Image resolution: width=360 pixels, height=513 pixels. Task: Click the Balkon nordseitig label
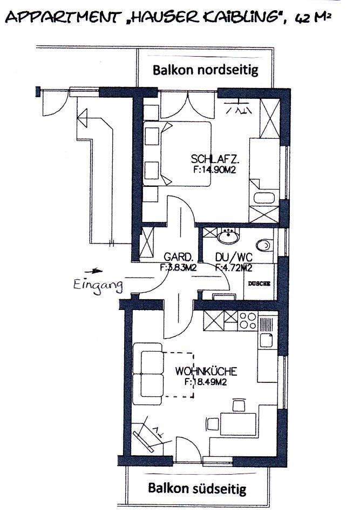click(205, 70)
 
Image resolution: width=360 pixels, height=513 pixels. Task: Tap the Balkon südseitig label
click(197, 489)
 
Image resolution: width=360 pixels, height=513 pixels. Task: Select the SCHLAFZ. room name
click(215, 159)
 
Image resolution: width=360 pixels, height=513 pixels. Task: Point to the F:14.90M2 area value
click(214, 170)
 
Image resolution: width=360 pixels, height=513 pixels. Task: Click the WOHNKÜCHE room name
click(206, 372)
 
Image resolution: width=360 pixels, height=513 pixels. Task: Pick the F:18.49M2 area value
click(206, 382)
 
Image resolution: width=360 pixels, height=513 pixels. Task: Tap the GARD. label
click(176, 256)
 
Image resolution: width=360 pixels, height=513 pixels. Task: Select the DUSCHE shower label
click(259, 283)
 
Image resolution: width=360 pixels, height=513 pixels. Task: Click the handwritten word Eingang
click(98, 285)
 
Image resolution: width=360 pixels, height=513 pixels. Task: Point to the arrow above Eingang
click(93, 271)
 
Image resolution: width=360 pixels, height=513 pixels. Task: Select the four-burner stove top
click(248, 321)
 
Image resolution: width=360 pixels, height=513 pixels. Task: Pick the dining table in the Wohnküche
click(238, 424)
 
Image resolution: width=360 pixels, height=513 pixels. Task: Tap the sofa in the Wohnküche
click(148, 374)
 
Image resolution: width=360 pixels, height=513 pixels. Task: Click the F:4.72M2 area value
click(234, 268)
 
